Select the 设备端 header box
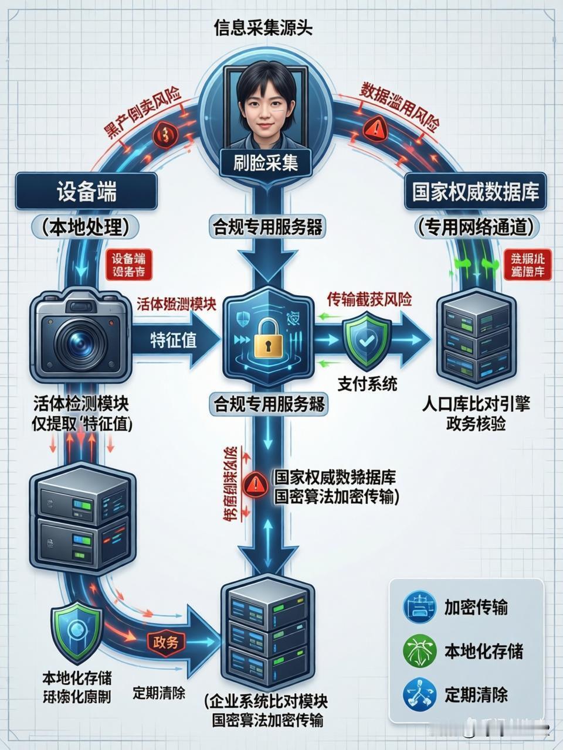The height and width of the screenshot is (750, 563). pos(86,192)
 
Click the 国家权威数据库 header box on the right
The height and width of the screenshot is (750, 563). pos(475,192)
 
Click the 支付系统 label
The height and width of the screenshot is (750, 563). pos(367,384)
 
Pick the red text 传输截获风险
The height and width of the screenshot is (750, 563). pos(369,299)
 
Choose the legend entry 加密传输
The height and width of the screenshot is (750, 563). pos(476,607)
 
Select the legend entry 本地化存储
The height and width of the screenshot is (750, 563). pos(483,651)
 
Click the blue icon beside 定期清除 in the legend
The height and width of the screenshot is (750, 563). pos(419,695)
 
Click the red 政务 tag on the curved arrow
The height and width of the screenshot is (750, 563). pos(165,642)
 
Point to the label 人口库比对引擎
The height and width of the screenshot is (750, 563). pos(476,404)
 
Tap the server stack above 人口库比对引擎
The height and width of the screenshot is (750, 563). pos(476,340)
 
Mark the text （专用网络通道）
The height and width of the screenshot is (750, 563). pos(476,227)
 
